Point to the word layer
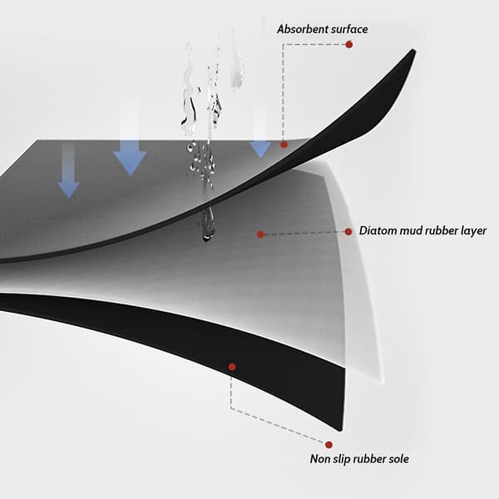point(473,231)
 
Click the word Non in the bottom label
point(320,459)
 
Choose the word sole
point(399,459)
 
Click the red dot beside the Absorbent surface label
point(349,45)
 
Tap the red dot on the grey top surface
point(284,145)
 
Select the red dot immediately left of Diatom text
point(348,232)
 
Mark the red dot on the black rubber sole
point(232,367)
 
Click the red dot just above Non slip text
point(329,445)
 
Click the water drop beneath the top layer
point(207,225)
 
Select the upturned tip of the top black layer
point(413,50)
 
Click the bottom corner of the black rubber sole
point(340,430)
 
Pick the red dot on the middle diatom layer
point(260,235)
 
